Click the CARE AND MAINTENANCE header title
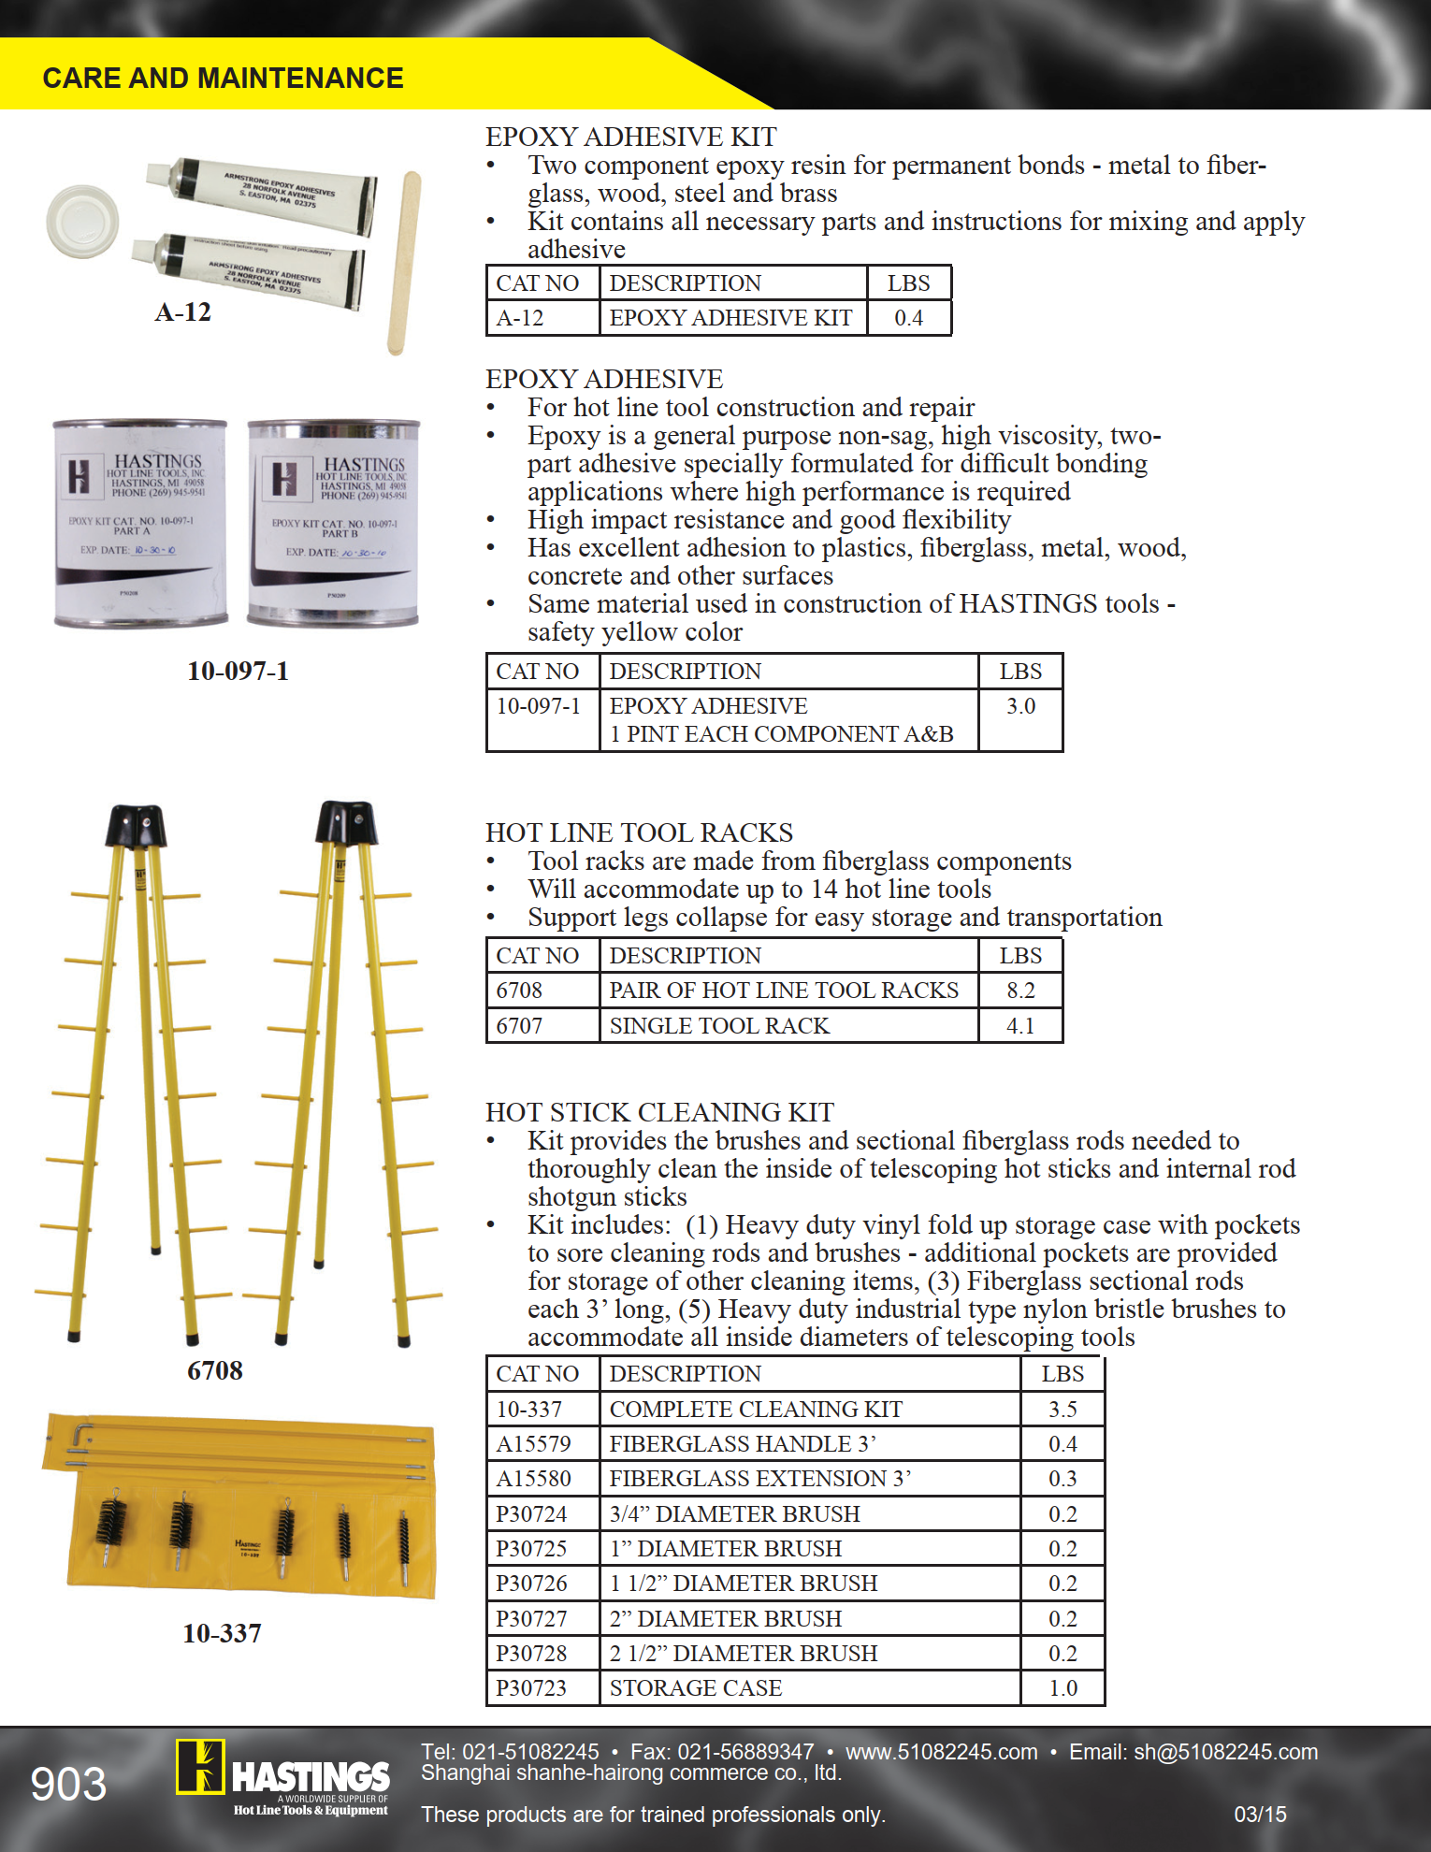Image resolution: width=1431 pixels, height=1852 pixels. point(223,78)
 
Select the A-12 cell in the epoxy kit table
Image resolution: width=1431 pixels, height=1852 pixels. point(520,318)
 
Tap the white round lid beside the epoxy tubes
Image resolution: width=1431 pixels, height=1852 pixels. point(83,221)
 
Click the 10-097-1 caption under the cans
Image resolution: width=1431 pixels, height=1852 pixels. point(238,671)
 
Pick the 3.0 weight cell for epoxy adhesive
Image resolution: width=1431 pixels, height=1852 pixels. point(1020,706)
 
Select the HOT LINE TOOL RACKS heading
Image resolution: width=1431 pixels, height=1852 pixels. point(639,832)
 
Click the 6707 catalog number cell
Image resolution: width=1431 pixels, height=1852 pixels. point(520,1026)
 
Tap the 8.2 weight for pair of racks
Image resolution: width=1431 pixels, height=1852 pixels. point(1020,991)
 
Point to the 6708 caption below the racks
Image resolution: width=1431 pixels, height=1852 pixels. point(214,1370)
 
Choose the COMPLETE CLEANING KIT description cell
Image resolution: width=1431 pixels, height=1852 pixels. point(756,1410)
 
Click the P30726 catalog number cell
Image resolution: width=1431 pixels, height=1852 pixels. point(531,1584)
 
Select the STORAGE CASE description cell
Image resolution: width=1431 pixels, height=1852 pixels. point(696,1688)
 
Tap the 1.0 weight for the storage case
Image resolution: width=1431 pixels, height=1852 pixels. point(1062,1688)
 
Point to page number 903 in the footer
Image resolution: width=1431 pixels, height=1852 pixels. point(68,1785)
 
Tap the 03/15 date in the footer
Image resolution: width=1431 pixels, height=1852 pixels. point(1260,1815)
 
